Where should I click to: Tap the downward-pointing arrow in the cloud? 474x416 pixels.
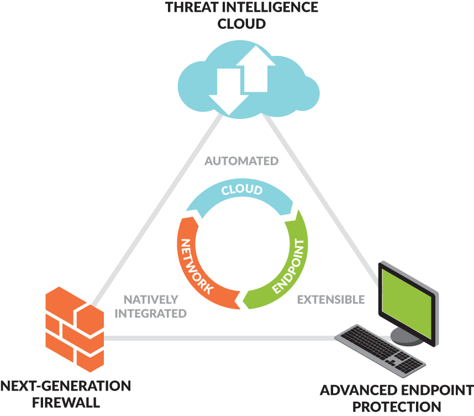(x=224, y=90)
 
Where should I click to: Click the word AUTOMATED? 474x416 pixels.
(x=241, y=162)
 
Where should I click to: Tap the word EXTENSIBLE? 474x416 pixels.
(x=331, y=299)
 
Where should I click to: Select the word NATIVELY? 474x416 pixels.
(x=151, y=299)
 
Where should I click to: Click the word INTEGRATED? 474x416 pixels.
(x=151, y=314)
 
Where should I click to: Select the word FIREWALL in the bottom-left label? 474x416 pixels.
(x=65, y=402)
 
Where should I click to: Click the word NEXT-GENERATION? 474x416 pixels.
(x=65, y=386)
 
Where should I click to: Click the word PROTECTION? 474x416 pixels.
(x=397, y=408)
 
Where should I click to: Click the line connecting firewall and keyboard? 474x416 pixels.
(x=221, y=338)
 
